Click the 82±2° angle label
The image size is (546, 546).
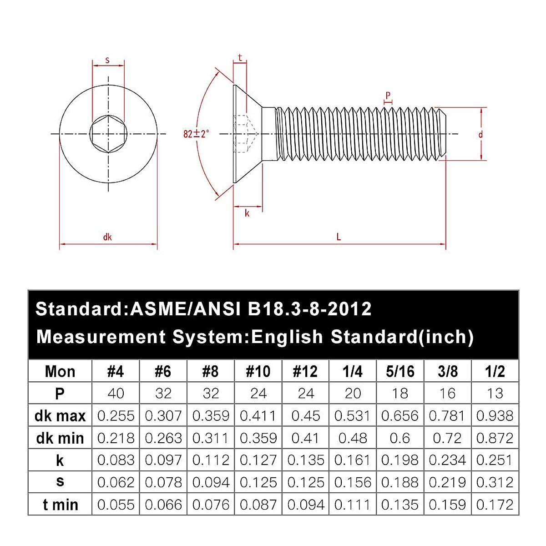[196, 134]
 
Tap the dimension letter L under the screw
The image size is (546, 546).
[339, 237]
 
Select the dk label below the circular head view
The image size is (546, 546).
[107, 237]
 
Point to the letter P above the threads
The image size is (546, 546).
[388, 96]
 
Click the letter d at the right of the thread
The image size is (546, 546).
[480, 135]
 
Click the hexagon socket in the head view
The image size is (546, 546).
[108, 134]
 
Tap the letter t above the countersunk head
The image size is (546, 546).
[240, 58]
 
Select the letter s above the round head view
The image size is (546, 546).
[107, 60]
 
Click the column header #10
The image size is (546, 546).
[258, 371]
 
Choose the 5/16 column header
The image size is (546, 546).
[400, 371]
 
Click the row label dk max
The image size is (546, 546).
[60, 416]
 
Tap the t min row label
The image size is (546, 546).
[60, 505]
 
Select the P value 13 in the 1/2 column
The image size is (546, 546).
[495, 393]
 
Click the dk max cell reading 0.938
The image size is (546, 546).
[495, 416]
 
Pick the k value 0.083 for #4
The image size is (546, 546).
[116, 460]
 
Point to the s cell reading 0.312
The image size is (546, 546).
[495, 482]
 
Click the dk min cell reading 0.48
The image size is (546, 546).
[353, 438]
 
